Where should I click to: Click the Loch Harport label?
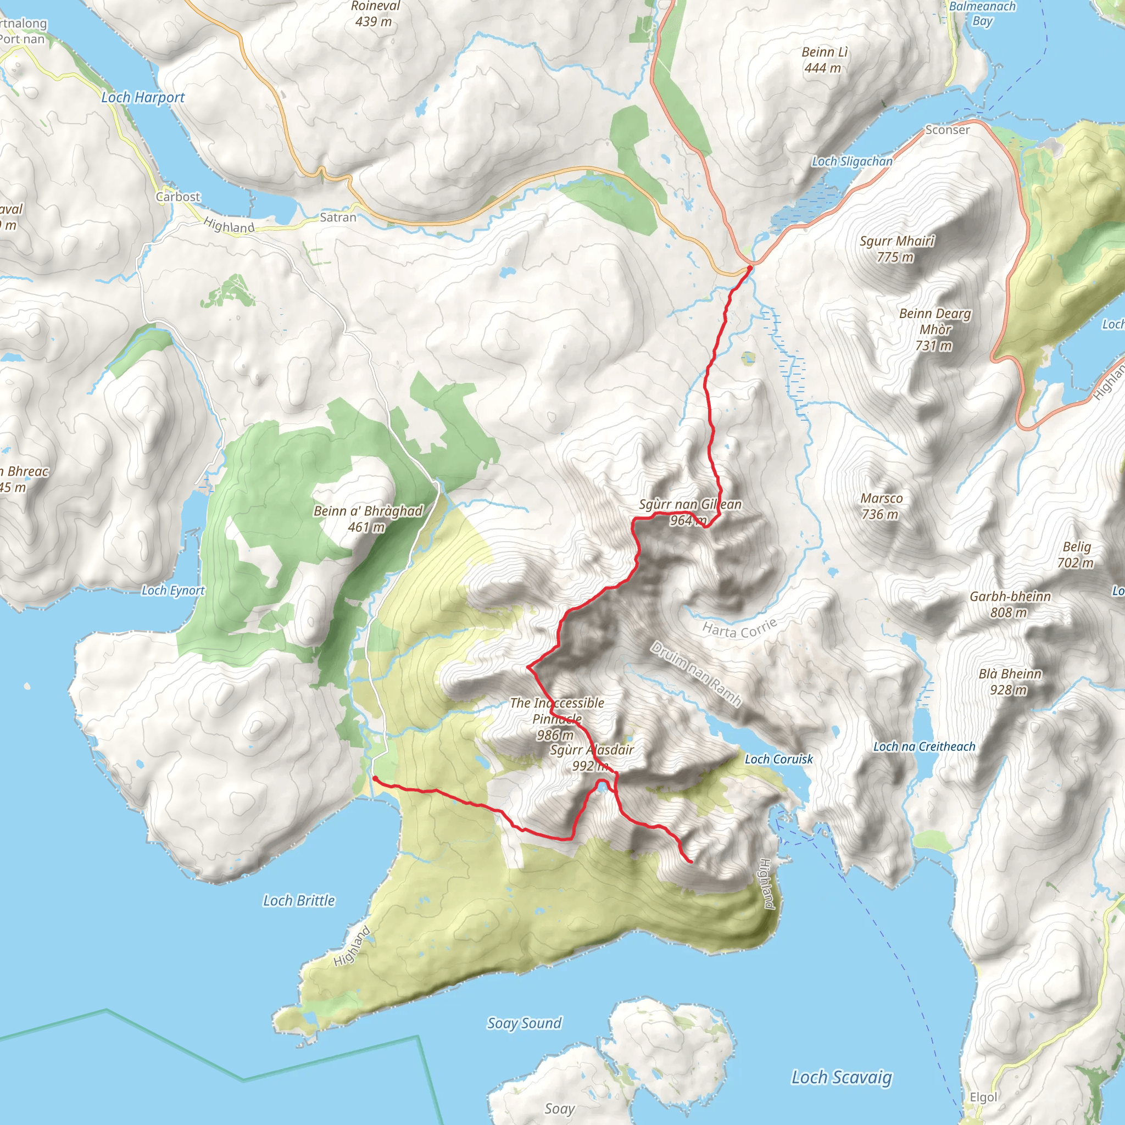143,97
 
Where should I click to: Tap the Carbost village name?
177,197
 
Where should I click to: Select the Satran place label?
338,217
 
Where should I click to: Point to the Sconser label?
948,130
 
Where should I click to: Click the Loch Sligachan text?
852,161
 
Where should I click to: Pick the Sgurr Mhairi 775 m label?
896,249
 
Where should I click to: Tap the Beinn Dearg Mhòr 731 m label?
934,329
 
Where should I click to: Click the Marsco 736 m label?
881,505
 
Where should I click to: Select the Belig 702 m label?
1076,554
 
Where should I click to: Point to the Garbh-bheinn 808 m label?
1010,604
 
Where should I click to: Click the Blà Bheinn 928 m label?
1010,681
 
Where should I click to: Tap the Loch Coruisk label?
778,759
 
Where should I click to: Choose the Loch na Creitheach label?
923,747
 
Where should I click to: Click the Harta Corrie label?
739,628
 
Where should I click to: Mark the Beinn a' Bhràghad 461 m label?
368,518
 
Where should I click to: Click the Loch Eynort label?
173,591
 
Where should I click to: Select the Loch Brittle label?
299,900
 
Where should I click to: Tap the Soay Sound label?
524,1023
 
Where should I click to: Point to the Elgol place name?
983,1097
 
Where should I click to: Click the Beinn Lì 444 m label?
824,60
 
